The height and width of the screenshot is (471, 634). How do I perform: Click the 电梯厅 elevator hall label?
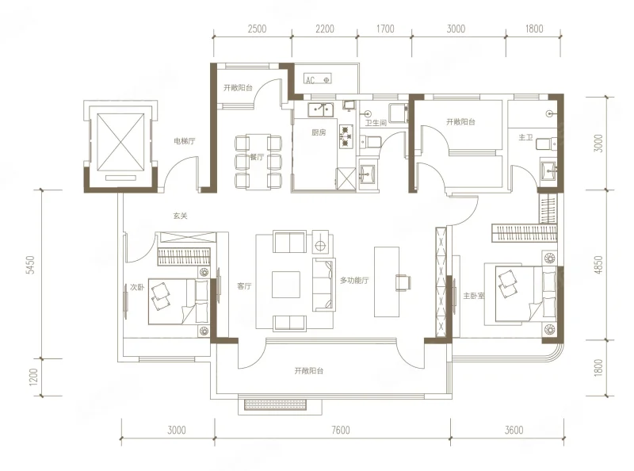(x=185, y=141)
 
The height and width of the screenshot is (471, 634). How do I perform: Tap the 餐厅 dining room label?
(x=257, y=157)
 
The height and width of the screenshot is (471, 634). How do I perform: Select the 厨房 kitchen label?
(x=319, y=132)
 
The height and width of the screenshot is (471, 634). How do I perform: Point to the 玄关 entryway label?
(x=181, y=216)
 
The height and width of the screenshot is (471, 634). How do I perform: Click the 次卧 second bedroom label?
(x=137, y=287)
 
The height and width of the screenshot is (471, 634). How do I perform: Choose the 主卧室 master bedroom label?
(x=473, y=296)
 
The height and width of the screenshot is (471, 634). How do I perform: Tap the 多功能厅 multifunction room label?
(x=354, y=280)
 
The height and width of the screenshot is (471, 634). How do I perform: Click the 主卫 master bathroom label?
(x=525, y=138)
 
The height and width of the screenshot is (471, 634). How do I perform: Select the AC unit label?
(x=310, y=80)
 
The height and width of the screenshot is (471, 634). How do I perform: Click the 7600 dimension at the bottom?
(x=341, y=430)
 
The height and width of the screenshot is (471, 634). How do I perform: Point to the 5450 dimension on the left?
(x=31, y=265)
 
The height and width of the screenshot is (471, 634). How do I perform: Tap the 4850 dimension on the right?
(x=599, y=265)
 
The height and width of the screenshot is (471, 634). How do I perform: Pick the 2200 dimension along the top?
(x=325, y=29)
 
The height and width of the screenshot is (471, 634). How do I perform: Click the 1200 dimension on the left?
(x=33, y=377)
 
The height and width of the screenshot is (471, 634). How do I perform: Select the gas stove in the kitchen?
(x=345, y=136)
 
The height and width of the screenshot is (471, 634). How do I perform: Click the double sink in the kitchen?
(x=321, y=109)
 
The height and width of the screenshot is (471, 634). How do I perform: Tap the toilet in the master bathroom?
(x=546, y=144)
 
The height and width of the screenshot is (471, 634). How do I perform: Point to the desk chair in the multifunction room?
(x=403, y=282)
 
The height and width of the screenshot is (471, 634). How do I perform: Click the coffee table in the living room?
(x=286, y=285)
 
